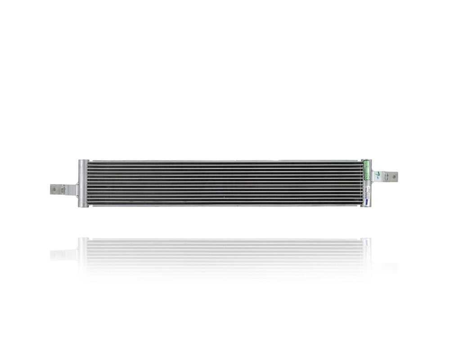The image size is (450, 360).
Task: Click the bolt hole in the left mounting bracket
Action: pyautogui.click(x=54, y=189)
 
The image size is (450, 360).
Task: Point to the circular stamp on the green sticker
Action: pyautogui.click(x=367, y=177)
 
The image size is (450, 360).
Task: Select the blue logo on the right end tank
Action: pyautogui.click(x=367, y=202)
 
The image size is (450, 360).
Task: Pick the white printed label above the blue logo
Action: pyautogui.click(x=367, y=193)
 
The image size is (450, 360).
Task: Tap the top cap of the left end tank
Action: pyautogui.click(x=83, y=162)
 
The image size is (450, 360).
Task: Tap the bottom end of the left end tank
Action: pyautogui.click(x=83, y=205)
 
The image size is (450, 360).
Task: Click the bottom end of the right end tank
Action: pyautogui.click(x=366, y=205)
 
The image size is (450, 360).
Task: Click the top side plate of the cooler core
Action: pyautogui.click(x=225, y=161)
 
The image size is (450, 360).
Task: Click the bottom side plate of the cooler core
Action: pyautogui.click(x=225, y=205)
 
